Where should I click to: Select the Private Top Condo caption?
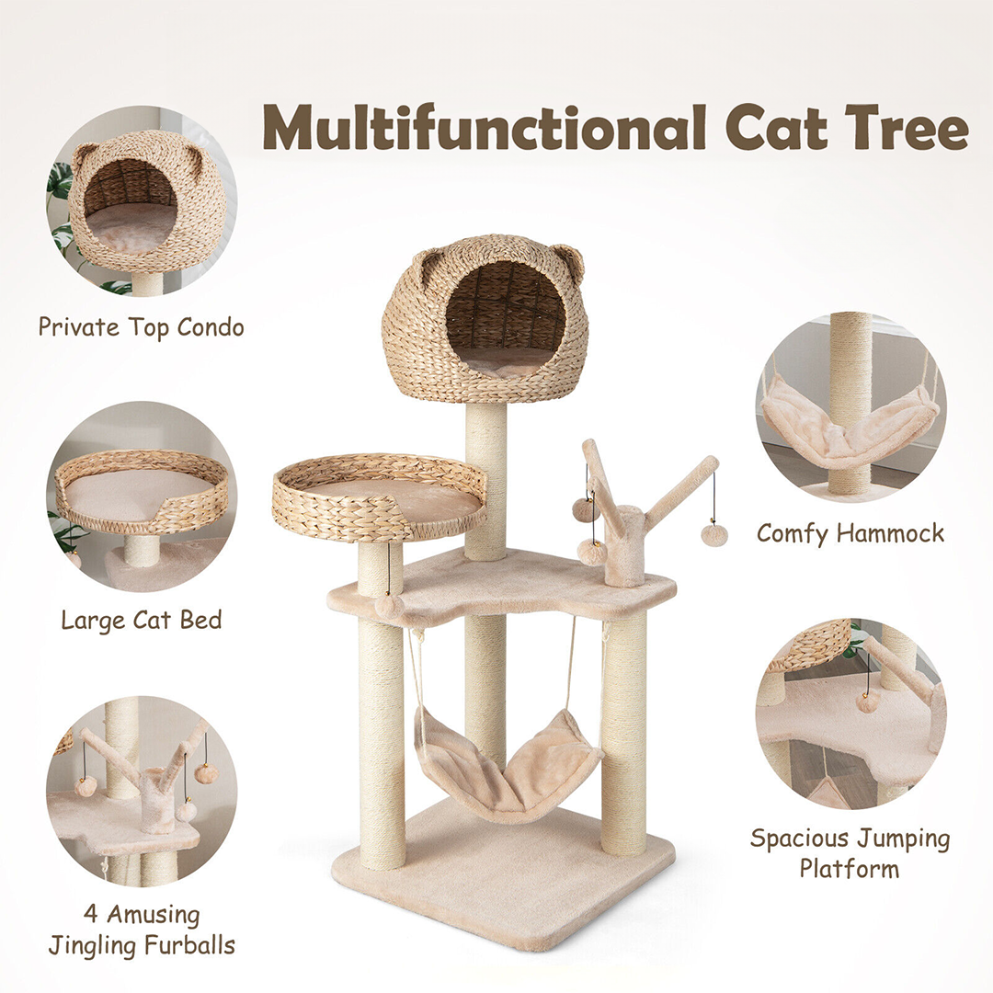[x=142, y=327]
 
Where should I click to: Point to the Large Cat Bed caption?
[x=142, y=620]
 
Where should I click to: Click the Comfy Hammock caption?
[x=850, y=533]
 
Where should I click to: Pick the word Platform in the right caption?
[x=850, y=868]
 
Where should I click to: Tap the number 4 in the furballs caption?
[x=90, y=914]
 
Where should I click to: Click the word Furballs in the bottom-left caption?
[x=189, y=945]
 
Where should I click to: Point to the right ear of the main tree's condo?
[x=568, y=259]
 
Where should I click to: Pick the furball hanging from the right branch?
[x=713, y=535]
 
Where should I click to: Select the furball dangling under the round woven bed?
[x=388, y=606]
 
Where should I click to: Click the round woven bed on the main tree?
[x=379, y=497]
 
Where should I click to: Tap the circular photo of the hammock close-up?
[x=851, y=406]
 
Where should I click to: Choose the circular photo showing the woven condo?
[x=142, y=200]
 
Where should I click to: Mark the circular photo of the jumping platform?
[x=851, y=713]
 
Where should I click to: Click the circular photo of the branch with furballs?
[x=142, y=791]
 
